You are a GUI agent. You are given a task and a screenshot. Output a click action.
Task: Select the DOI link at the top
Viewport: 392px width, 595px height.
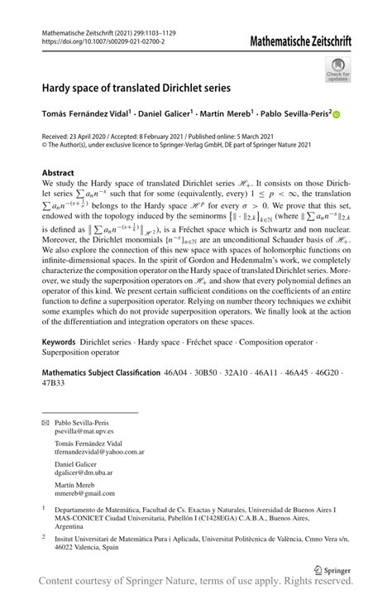103,40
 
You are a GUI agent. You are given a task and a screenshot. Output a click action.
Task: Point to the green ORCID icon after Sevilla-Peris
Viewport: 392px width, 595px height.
337,115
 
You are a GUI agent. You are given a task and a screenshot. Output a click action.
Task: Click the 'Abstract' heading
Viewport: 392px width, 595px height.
60,174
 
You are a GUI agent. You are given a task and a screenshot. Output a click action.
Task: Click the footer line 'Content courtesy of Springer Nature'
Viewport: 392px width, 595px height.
196,586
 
